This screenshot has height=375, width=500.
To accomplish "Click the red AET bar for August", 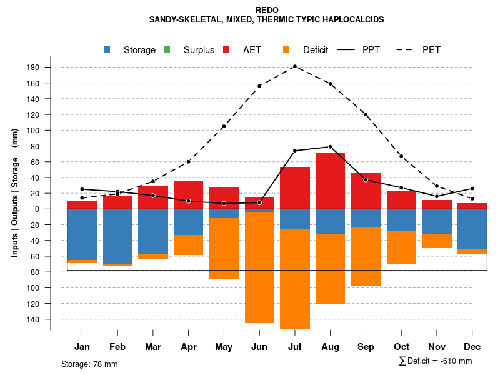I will (x=330, y=181).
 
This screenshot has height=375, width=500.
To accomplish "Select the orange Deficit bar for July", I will (x=295, y=279).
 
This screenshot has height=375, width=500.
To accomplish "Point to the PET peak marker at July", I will (x=294, y=66).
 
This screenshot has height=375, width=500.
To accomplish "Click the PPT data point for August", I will (x=330, y=147).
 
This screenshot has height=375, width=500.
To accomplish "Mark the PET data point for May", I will (x=224, y=126).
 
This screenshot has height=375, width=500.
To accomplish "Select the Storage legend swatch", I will (x=108, y=50).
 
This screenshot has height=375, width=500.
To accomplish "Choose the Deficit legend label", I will (x=315, y=50).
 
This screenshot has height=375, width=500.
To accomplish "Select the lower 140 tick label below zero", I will (x=33, y=319).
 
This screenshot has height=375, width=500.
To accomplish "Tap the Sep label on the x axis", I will (x=366, y=347).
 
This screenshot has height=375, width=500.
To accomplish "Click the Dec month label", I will (x=472, y=347).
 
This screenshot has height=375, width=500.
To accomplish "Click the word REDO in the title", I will (x=267, y=10).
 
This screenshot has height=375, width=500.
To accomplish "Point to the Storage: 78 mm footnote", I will (x=89, y=364).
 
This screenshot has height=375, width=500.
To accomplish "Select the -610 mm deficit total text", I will (x=436, y=361).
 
